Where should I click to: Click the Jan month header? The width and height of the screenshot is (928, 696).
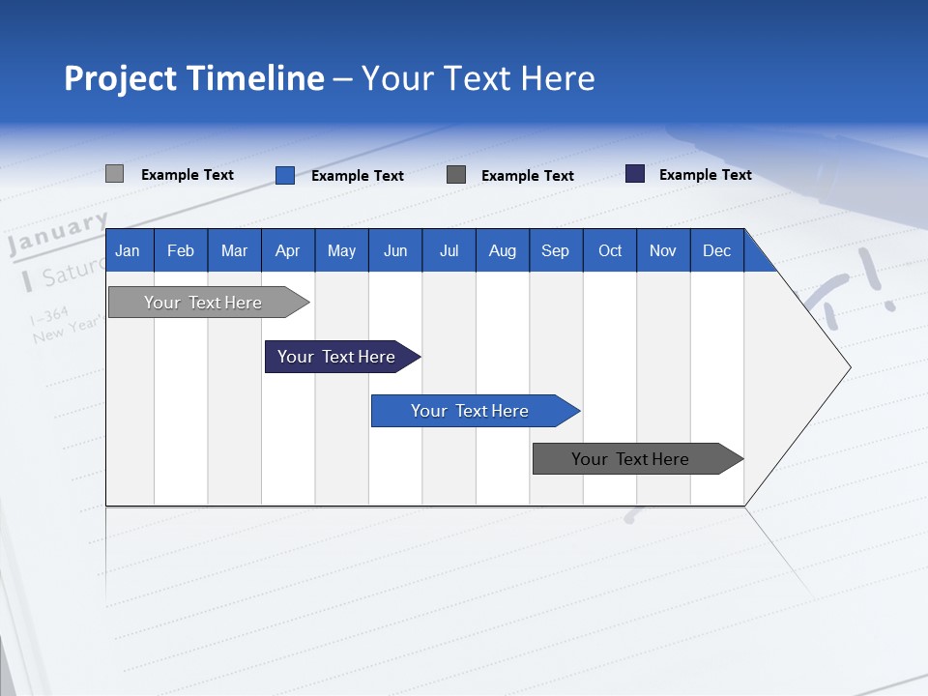[x=128, y=250]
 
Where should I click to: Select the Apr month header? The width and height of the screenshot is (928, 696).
[x=288, y=250]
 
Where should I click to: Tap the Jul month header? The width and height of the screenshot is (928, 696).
[x=449, y=250]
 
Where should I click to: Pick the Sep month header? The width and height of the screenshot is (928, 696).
[x=555, y=250]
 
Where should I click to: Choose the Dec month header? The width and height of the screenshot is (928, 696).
[x=716, y=250]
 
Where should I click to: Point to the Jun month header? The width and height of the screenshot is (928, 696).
[x=395, y=250]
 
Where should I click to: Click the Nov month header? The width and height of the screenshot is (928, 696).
[x=663, y=250]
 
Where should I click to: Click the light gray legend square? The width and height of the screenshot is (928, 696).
[x=114, y=174]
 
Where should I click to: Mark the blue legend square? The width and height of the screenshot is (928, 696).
[x=284, y=175]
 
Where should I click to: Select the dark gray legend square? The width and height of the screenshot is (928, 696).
[x=456, y=175]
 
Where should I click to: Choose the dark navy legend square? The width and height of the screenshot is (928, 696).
[x=635, y=174]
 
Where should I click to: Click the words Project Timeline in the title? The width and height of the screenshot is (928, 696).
[x=194, y=78]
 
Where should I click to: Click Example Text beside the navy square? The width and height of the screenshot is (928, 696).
[x=705, y=175]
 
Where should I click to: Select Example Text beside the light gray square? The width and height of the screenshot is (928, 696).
[x=187, y=175]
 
